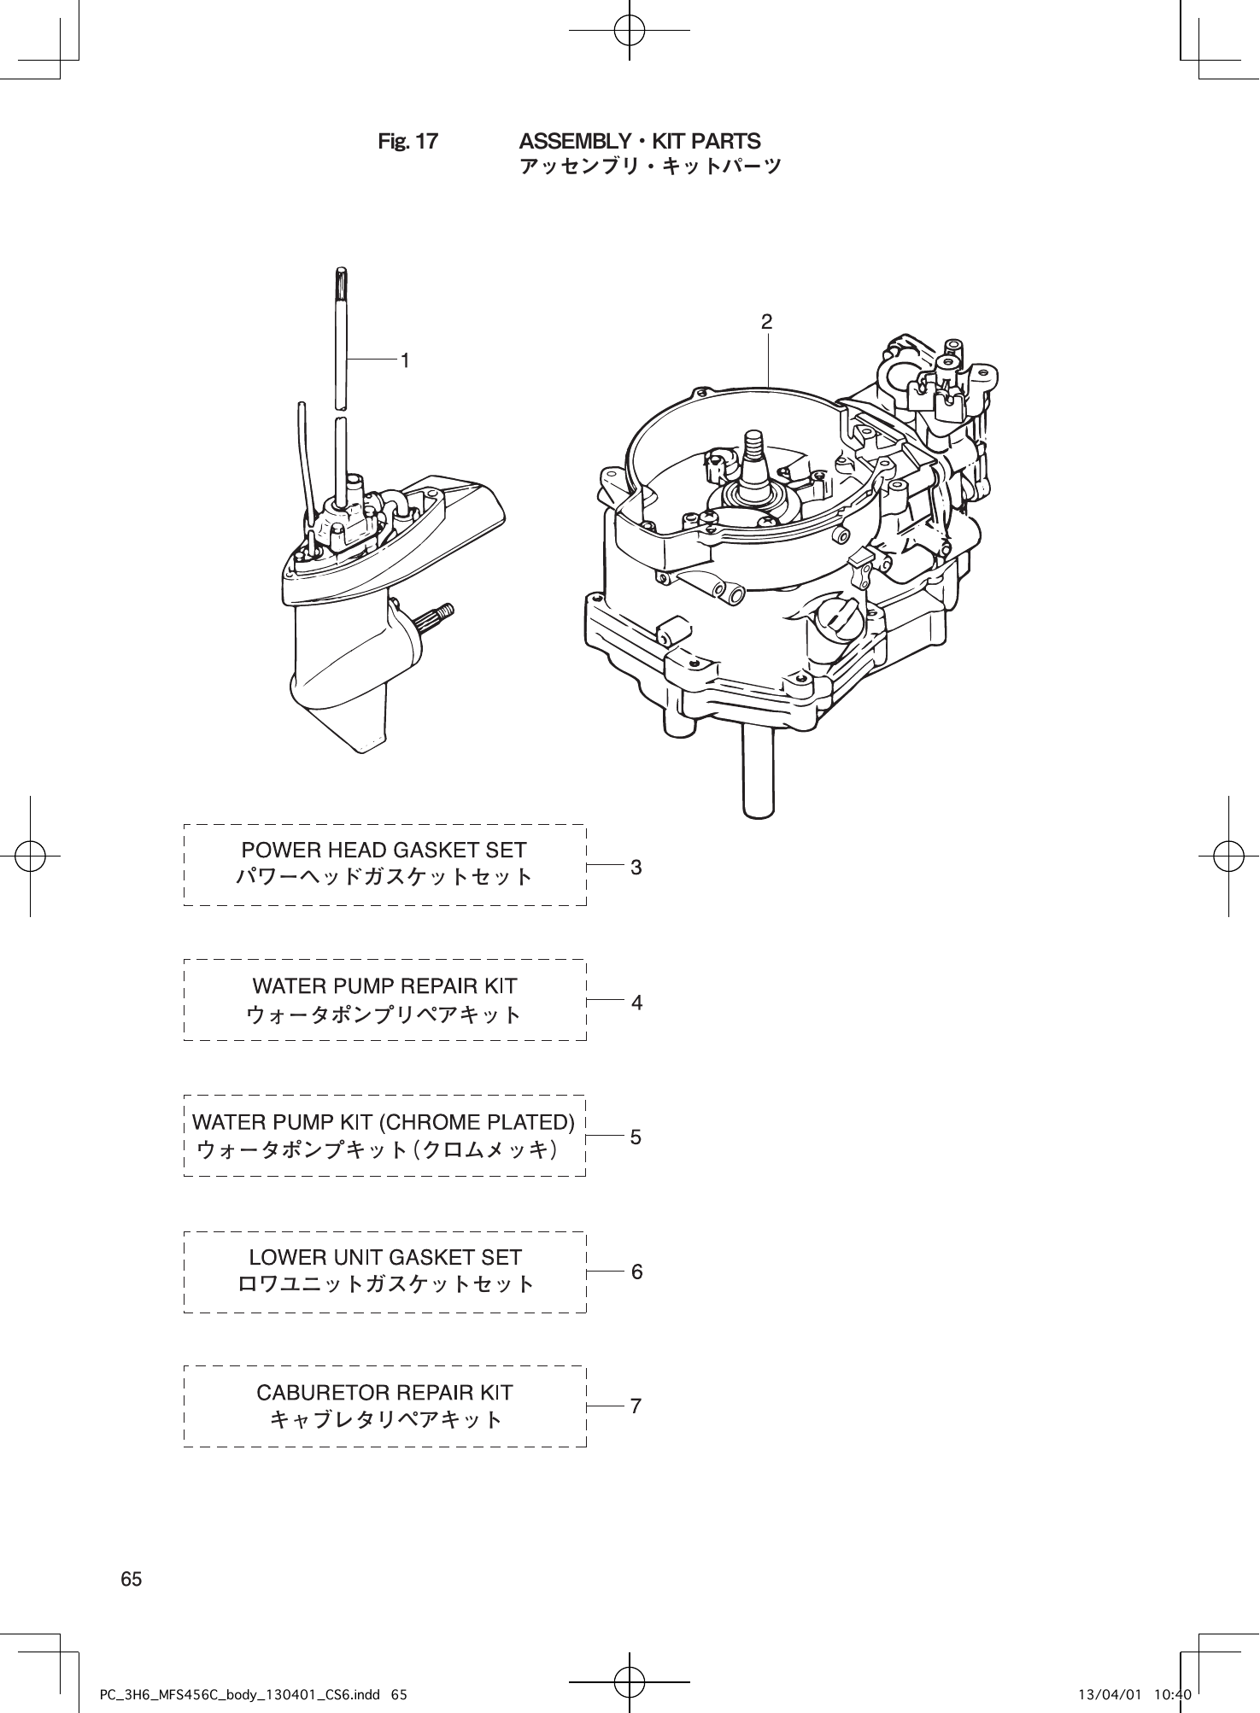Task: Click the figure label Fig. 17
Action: coord(407,142)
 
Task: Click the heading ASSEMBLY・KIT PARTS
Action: coord(640,141)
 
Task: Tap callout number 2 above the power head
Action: coord(767,322)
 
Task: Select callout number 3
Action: coord(636,868)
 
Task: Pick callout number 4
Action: coord(636,1003)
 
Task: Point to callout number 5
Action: coord(636,1137)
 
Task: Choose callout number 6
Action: coord(636,1272)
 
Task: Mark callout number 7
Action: coord(636,1406)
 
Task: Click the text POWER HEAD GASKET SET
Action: coord(384,851)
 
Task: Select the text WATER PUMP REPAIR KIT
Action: coord(384,986)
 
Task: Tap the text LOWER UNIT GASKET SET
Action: coord(384,1257)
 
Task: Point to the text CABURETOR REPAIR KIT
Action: coord(384,1393)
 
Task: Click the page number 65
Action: coord(132,1579)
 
